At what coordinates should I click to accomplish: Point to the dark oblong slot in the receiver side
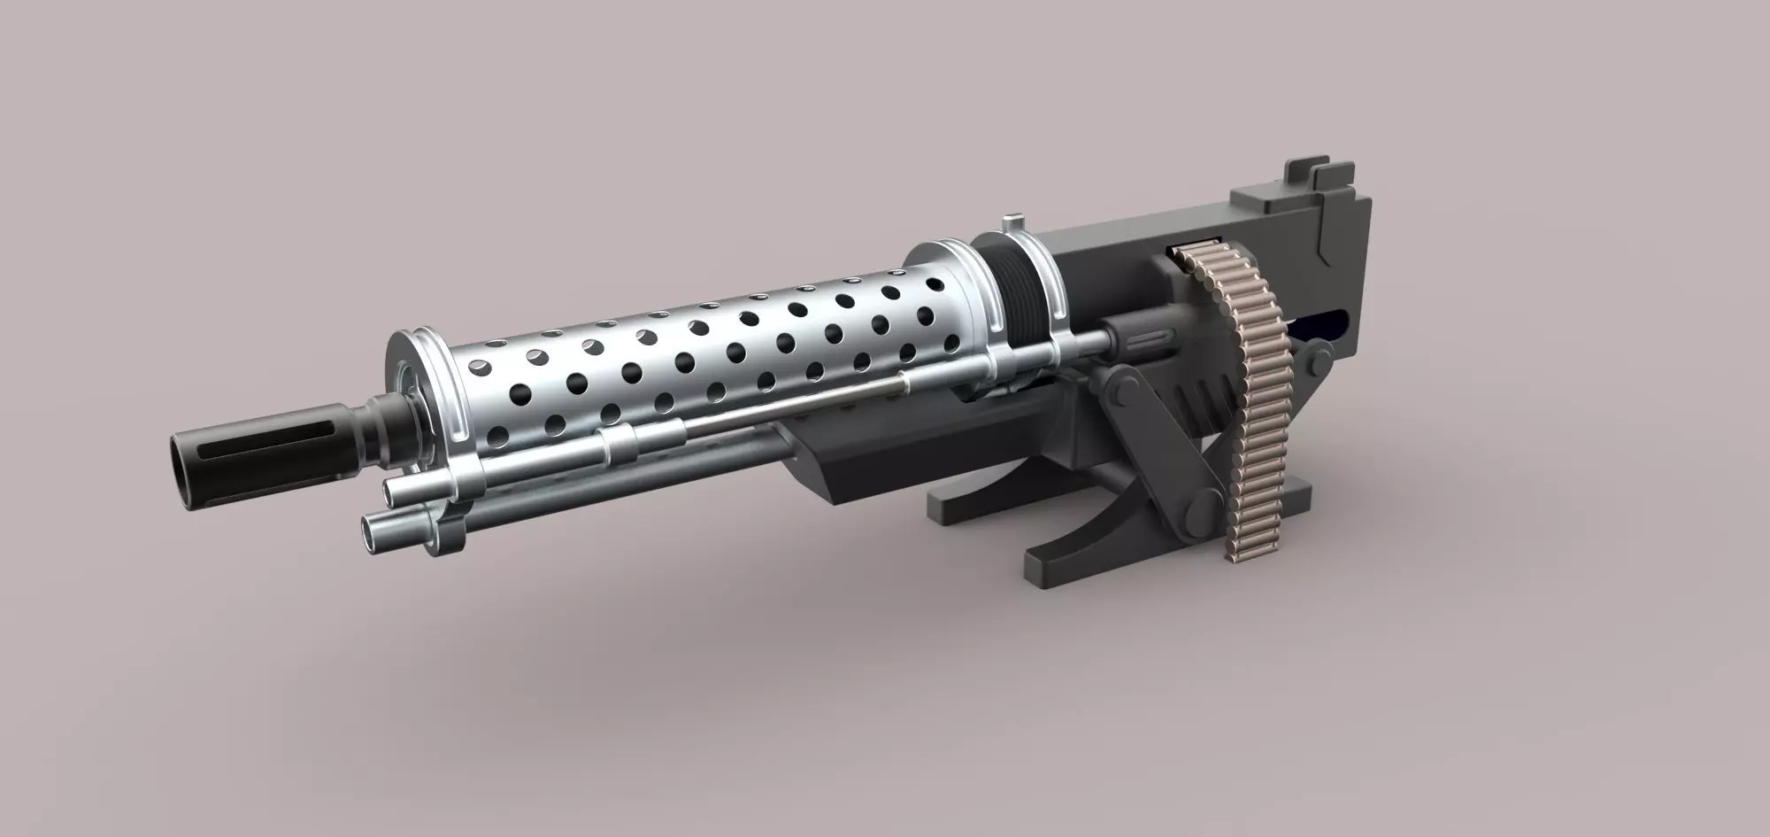[1327, 328]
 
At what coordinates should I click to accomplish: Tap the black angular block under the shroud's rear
[850, 469]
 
